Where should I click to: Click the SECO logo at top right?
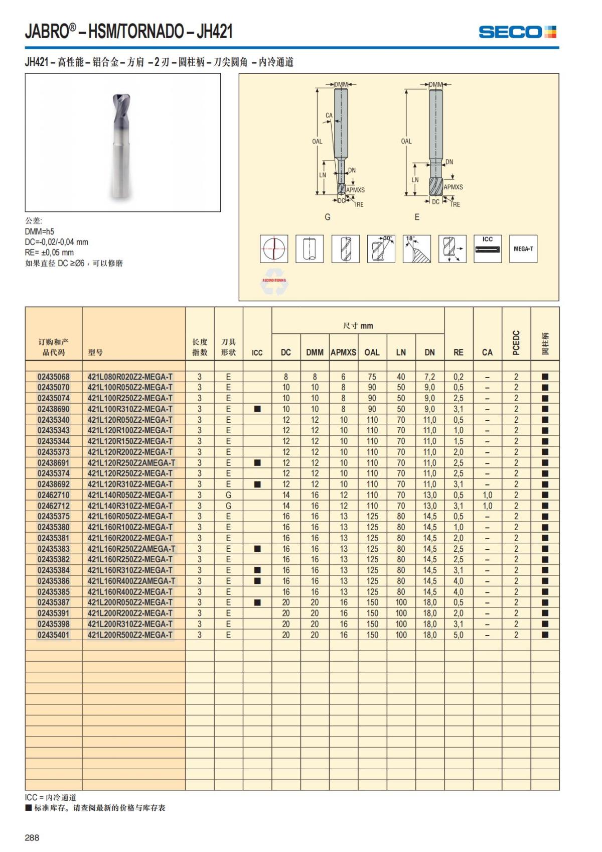click(517, 32)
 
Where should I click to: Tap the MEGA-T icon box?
click(523, 249)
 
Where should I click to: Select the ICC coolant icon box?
click(487, 249)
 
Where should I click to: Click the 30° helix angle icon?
click(381, 249)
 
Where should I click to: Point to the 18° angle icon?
click(416, 249)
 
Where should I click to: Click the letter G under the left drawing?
click(328, 217)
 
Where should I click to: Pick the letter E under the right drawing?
click(417, 217)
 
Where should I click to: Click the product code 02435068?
click(54, 377)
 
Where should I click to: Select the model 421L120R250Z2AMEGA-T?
click(131, 463)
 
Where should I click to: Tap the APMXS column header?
click(343, 352)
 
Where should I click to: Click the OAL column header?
click(372, 352)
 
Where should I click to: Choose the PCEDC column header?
click(516, 342)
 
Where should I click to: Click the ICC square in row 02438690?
click(257, 409)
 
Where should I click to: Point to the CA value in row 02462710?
click(487, 495)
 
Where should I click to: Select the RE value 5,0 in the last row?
click(459, 635)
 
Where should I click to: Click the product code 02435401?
click(54, 635)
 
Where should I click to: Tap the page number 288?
click(32, 837)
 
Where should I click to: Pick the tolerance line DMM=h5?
click(40, 231)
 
